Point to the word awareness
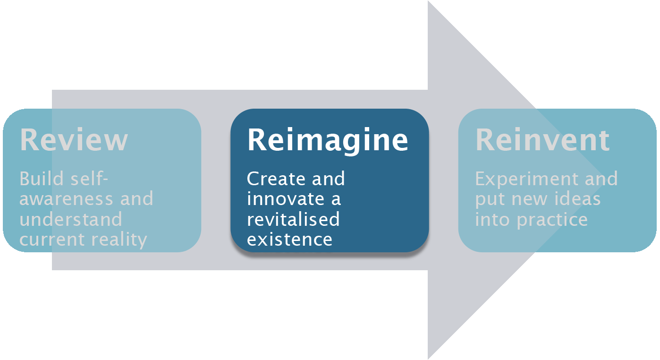tap(66, 199)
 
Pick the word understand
tap(71, 219)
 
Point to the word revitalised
tap(293, 219)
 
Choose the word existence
tap(289, 240)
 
